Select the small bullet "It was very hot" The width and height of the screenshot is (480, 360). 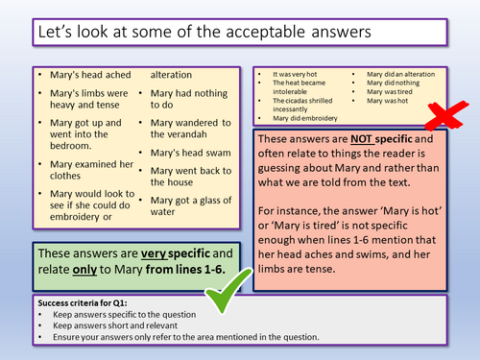(x=292, y=72)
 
